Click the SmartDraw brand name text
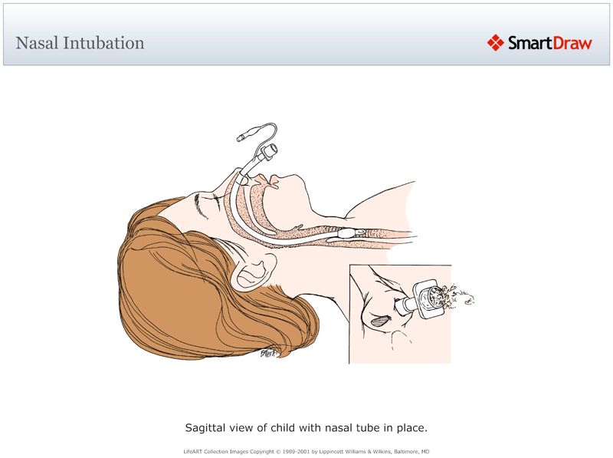tap(549, 43)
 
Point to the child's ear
tap(255, 270)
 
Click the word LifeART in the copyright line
tap(195, 451)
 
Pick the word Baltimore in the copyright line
tap(402, 451)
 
